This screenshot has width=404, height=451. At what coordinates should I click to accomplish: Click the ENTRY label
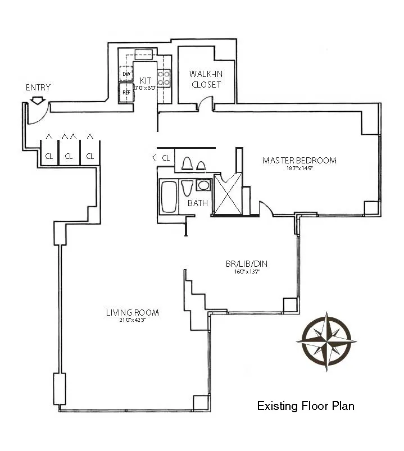[x=38, y=88]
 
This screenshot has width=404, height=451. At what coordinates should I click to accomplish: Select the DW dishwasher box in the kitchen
[x=126, y=74]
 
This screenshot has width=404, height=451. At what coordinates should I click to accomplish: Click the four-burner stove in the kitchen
[x=164, y=78]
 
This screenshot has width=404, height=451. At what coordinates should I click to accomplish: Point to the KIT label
[x=146, y=80]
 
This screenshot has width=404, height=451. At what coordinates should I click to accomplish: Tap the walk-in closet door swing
[x=206, y=103]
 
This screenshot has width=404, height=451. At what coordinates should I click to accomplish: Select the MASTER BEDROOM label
[x=299, y=161]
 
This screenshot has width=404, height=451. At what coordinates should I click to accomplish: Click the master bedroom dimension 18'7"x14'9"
[x=299, y=168]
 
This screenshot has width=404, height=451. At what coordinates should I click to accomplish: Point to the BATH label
[x=198, y=203]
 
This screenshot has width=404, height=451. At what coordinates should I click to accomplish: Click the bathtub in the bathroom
[x=169, y=197]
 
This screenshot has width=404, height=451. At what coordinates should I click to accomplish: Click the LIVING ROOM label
[x=132, y=313]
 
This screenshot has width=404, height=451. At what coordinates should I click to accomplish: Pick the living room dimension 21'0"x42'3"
[x=132, y=321]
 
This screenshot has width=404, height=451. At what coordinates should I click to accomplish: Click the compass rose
[x=326, y=341]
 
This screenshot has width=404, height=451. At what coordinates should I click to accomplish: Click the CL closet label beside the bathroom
[x=166, y=158]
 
